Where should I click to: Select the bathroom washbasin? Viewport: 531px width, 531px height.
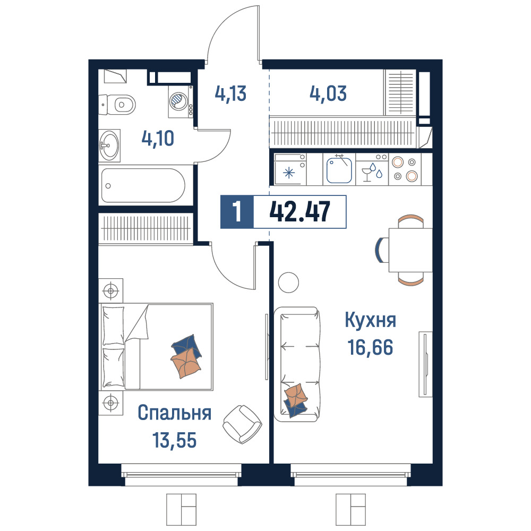(x=109, y=145)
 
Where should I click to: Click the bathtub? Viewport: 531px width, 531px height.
(x=143, y=185)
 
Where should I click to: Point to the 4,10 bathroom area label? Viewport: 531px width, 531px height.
(x=158, y=139)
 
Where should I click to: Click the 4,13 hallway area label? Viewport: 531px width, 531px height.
(x=230, y=93)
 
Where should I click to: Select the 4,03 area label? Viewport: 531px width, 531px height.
(x=328, y=93)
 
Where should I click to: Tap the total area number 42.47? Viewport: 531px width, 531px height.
(x=299, y=212)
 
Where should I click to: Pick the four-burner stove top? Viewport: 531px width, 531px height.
(x=405, y=169)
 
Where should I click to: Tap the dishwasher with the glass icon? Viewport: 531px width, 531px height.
(x=372, y=169)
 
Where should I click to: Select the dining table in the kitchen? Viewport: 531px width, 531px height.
(x=410, y=250)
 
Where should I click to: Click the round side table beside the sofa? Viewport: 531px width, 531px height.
(x=288, y=282)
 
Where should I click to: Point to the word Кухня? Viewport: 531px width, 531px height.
(x=371, y=320)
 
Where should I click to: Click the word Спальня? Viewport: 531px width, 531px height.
(x=175, y=413)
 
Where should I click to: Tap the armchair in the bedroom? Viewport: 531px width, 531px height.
(x=243, y=424)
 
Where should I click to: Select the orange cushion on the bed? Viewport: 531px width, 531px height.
(x=186, y=363)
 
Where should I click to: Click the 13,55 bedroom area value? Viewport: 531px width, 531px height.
(x=174, y=440)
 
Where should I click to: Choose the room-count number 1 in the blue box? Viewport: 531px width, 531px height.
(x=237, y=212)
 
